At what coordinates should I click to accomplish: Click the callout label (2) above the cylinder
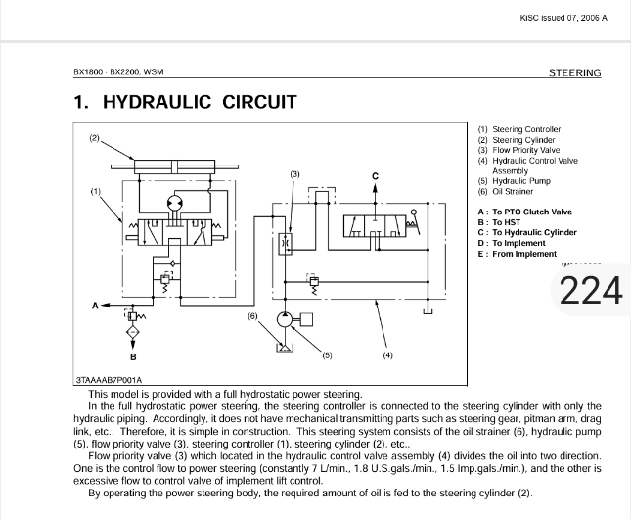pyautogui.click(x=94, y=138)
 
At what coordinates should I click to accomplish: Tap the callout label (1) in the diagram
pyautogui.click(x=95, y=191)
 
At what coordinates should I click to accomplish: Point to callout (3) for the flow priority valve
pyautogui.click(x=295, y=174)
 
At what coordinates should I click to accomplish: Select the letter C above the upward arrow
pyautogui.click(x=375, y=176)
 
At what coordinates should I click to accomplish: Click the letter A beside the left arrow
pyautogui.click(x=95, y=306)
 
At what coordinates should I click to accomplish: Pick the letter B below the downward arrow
pyautogui.click(x=133, y=356)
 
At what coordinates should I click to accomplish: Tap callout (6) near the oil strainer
pyautogui.click(x=252, y=316)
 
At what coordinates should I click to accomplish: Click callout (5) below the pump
pyautogui.click(x=327, y=355)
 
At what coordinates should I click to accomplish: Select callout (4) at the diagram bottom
pyautogui.click(x=387, y=355)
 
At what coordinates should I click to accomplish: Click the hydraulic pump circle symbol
pyautogui.click(x=285, y=320)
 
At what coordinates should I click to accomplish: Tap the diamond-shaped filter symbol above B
pyautogui.click(x=133, y=332)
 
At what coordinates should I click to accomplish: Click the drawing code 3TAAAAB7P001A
pyautogui.click(x=109, y=380)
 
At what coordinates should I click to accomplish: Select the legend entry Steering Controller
pyautogui.click(x=526, y=129)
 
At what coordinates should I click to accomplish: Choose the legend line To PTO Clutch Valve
pyautogui.click(x=532, y=212)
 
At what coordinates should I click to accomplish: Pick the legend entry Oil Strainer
pyautogui.click(x=513, y=191)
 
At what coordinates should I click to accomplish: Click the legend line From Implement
pyautogui.click(x=524, y=254)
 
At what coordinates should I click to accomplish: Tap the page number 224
pyautogui.click(x=591, y=291)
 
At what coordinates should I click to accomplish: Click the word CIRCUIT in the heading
pyautogui.click(x=259, y=102)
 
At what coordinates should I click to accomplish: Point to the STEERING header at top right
pyautogui.click(x=574, y=72)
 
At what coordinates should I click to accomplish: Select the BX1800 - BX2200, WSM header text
pyautogui.click(x=118, y=72)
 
